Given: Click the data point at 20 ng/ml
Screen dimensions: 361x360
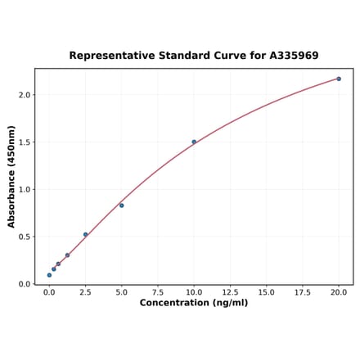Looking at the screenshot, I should click(339, 79).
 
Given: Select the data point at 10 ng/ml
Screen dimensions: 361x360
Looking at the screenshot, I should click(194, 142).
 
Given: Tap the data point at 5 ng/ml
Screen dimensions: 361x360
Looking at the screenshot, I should click(122, 205).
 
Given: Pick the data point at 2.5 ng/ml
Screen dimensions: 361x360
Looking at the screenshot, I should click(85, 234).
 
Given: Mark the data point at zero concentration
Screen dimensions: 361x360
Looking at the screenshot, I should click(49, 275).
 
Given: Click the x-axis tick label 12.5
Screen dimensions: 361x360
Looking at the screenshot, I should click(230, 291).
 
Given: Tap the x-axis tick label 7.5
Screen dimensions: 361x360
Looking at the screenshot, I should click(158, 291).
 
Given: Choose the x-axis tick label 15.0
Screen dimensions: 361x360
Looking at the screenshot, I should click(266, 291).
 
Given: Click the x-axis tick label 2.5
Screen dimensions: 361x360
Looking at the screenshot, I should click(85, 291).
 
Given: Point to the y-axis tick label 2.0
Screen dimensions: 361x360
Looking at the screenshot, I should click(24, 95).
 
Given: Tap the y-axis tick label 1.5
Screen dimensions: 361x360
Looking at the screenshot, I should click(24, 142).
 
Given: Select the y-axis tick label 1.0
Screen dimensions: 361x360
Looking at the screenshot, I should click(24, 190).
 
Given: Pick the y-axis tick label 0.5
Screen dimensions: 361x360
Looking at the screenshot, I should click(24, 237).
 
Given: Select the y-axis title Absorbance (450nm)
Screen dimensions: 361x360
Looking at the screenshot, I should click(11, 177).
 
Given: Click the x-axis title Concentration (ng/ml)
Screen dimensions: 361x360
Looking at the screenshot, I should click(194, 303).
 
